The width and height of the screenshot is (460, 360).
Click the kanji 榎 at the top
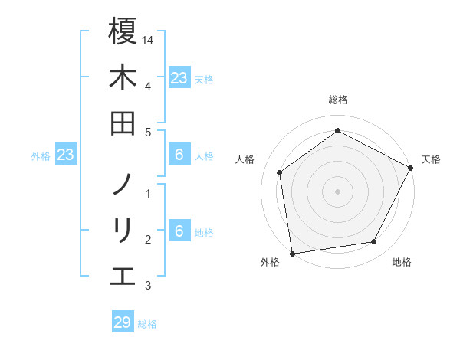[123, 32]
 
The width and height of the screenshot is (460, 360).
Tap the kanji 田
[123, 123]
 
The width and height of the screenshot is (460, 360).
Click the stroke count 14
[149, 39]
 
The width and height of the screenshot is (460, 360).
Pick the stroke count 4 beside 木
[147, 85]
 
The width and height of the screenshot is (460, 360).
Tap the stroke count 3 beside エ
[147, 286]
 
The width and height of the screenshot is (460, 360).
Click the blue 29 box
[123, 322]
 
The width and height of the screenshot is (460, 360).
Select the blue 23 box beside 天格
[179, 77]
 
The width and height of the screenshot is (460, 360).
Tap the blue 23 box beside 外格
[66, 155]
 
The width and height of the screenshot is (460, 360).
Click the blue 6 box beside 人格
[179, 155]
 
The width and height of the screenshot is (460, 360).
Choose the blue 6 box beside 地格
[179, 232]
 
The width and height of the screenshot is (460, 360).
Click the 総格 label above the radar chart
[338, 100]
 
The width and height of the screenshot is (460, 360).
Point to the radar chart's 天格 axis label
[432, 159]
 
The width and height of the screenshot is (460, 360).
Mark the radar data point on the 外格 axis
[292, 253]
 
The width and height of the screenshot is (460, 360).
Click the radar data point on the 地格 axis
[374, 242]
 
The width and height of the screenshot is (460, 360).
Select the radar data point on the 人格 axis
[280, 172]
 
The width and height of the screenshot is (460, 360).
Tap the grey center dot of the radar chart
[337, 191]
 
